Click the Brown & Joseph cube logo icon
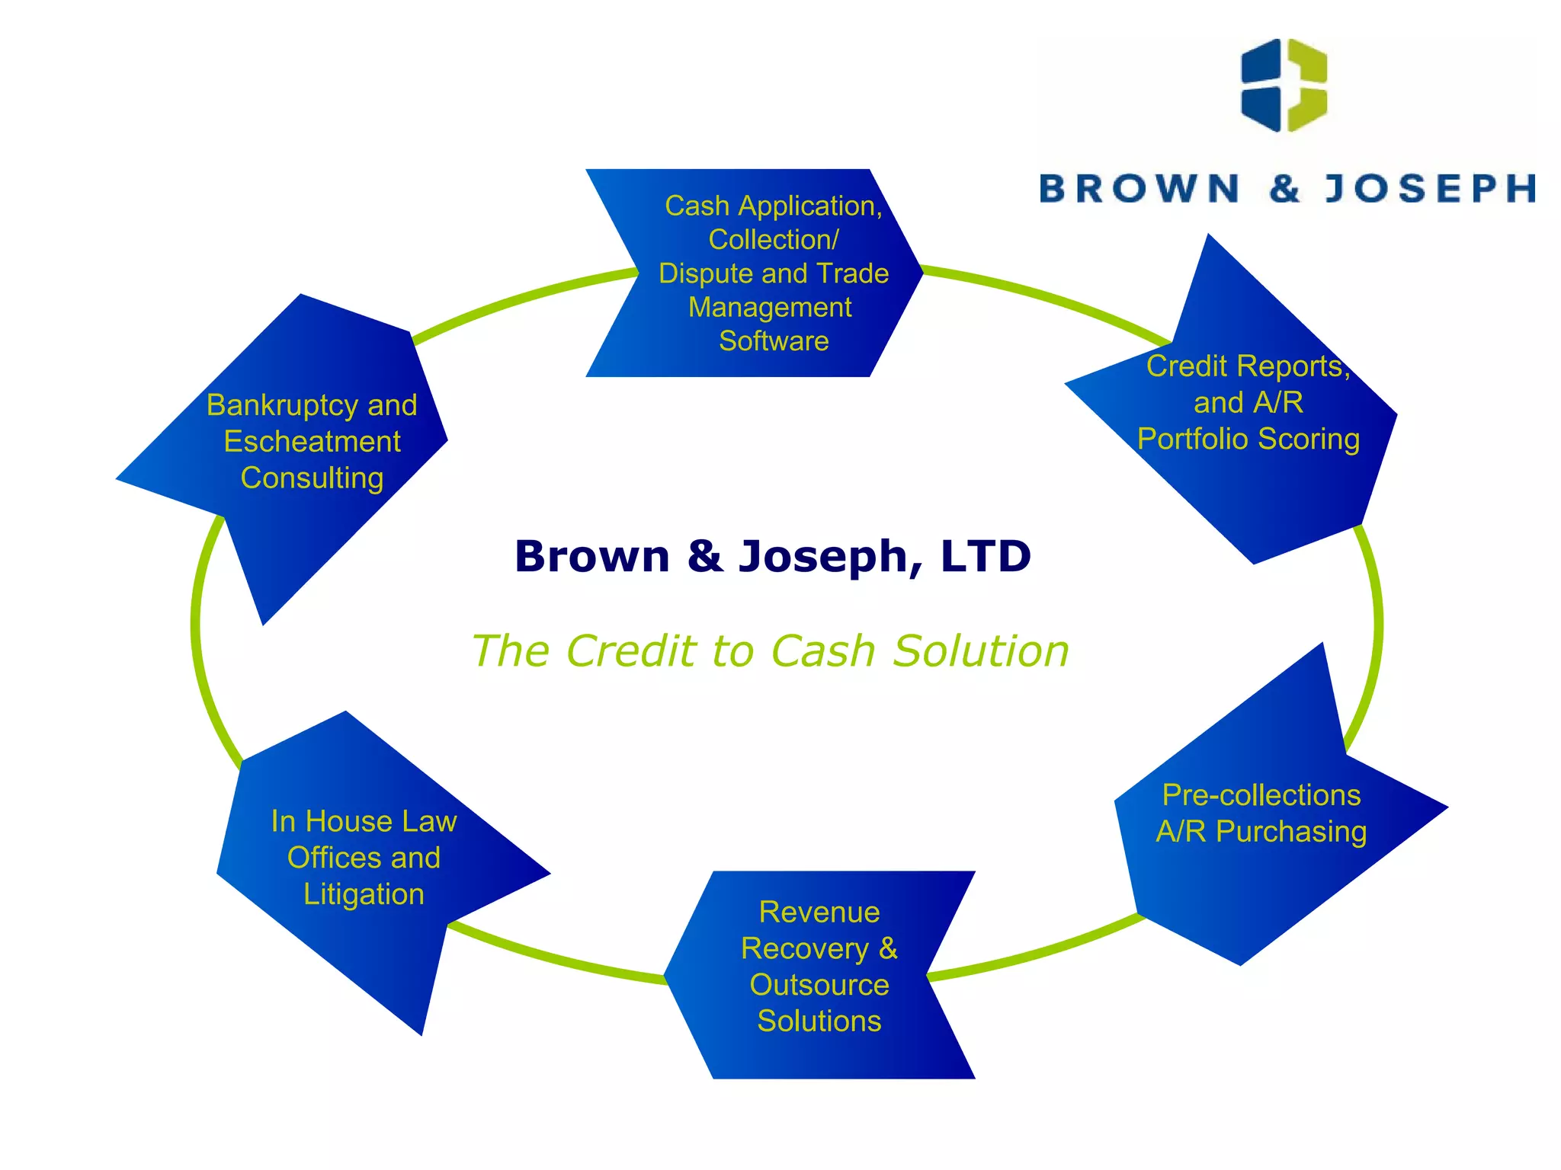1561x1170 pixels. coord(1284,85)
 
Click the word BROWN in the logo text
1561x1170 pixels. coord(1139,189)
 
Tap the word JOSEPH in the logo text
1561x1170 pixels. coord(1430,189)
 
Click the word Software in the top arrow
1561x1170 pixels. coord(774,340)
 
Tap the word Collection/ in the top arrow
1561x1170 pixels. coord(774,239)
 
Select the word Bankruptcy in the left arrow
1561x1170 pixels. coord(280,405)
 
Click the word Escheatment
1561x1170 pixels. coord(312,442)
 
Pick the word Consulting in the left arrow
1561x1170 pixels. coord(312,478)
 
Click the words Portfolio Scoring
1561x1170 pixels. coord(1248,439)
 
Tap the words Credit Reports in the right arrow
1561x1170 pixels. coord(1247,366)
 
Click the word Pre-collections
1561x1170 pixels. coord(1261,795)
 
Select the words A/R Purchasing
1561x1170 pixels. coord(1261,832)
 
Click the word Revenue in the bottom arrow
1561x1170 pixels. coord(819,912)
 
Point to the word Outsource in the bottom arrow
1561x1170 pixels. coord(819,985)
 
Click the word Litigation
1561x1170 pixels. coord(364,894)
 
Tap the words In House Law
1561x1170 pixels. coord(364,821)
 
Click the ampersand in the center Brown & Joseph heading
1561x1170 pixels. coord(704,556)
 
